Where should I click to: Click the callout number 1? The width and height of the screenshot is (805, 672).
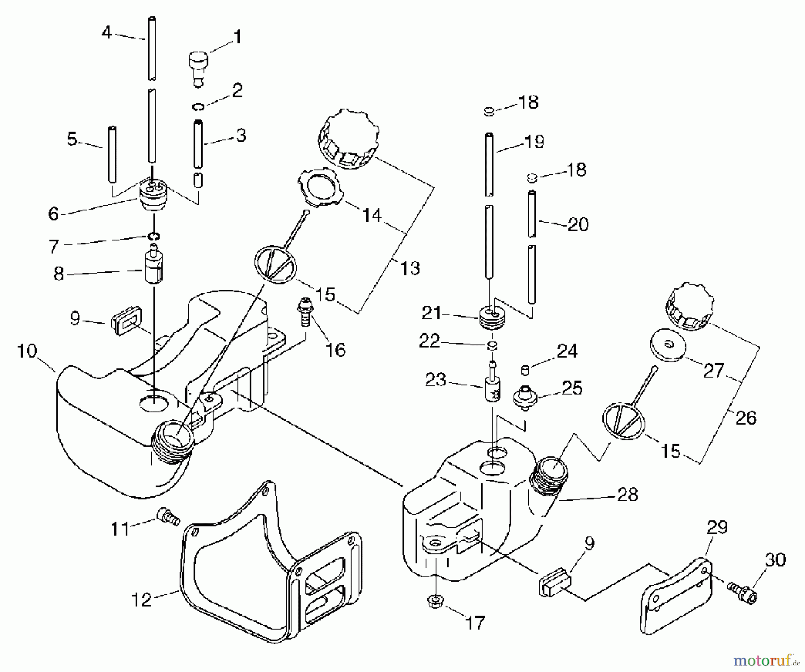pos(237,37)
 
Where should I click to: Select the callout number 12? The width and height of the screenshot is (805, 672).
pos(142,600)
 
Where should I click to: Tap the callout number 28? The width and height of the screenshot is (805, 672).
pos(627,494)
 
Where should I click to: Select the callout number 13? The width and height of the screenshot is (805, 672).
pos(410,268)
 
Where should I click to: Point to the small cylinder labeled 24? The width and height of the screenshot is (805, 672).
pos(526,370)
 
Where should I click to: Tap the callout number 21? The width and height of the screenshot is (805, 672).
pos(432,313)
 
